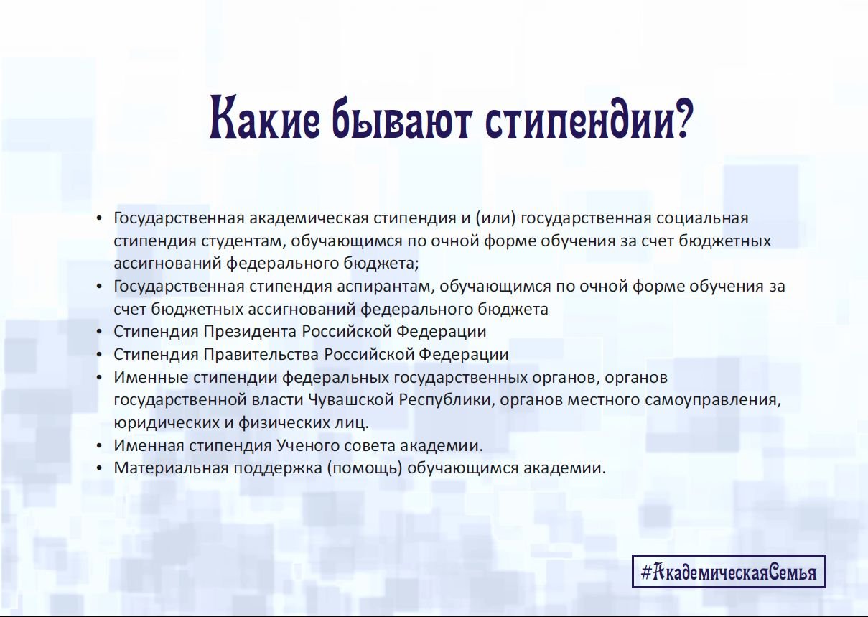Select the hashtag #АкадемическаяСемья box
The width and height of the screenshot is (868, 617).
(x=729, y=572)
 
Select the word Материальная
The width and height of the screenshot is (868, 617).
(x=172, y=468)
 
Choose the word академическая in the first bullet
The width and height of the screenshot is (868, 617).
(x=309, y=218)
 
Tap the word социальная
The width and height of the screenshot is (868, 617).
(x=702, y=218)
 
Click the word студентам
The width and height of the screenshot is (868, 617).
(x=243, y=241)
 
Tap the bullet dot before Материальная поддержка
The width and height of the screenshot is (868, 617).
(x=99, y=469)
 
